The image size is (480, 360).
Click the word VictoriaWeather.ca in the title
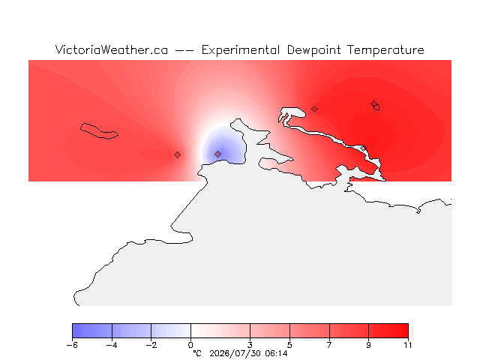[112, 50]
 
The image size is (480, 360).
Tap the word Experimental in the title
[241, 50]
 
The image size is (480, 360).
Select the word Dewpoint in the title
[313, 50]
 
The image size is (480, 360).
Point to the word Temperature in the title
[385, 50]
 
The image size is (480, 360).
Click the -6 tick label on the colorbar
[72, 345]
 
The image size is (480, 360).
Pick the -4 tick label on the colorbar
[112, 345]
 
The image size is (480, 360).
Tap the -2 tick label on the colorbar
[151, 345]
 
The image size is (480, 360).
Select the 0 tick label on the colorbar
[190, 345]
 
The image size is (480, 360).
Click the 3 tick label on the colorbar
[250, 345]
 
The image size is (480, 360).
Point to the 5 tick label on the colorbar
[289, 345]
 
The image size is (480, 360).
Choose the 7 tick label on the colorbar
[329, 345]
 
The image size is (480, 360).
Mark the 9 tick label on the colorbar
[368, 345]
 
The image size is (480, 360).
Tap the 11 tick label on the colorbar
[408, 345]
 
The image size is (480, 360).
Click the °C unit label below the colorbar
[197, 353]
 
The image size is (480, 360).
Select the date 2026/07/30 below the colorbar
[235, 354]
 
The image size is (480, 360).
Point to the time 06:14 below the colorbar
[277, 353]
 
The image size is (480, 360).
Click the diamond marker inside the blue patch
[217, 154]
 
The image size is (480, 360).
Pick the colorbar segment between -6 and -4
[92, 331]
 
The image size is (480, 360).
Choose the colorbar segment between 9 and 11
[388, 331]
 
